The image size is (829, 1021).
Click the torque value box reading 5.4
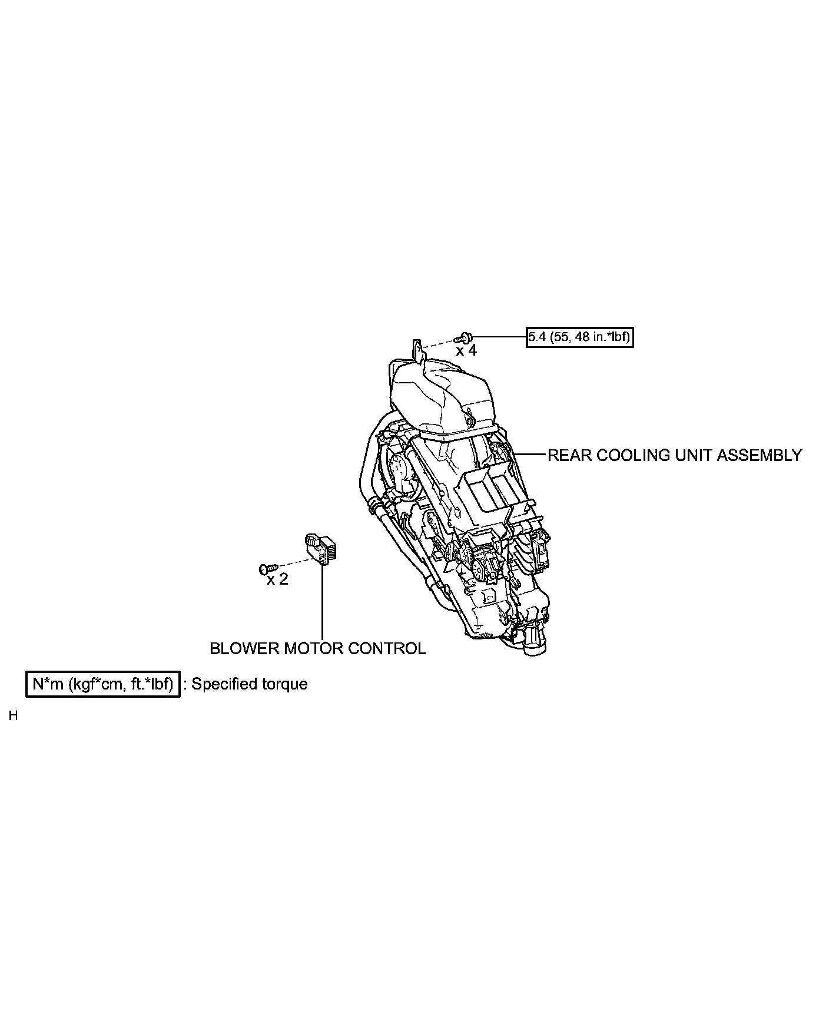pos(579,337)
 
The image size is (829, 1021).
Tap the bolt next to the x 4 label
pos(464,338)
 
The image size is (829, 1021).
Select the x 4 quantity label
pos(466,351)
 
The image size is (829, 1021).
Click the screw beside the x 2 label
pos(266,568)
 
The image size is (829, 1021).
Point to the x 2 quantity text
pos(277,579)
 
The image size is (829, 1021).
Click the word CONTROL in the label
pos(387,648)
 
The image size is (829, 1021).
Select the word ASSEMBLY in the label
pos(761,455)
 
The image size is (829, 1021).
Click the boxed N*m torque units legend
pos(103,684)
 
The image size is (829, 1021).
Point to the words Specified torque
pos(249,684)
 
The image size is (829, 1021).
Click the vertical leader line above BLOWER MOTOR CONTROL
pos(323,601)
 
